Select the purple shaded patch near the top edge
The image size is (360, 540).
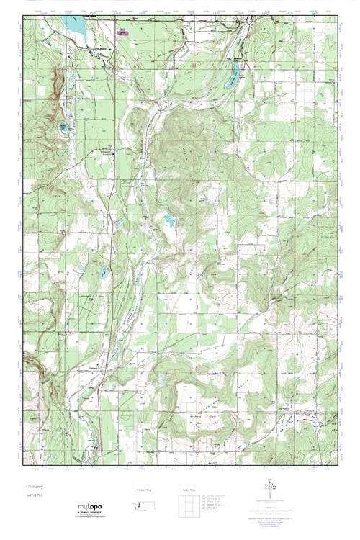pos(120,32)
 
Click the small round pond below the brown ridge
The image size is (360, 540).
pos(65,128)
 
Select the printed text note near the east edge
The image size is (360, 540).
pos(327,233)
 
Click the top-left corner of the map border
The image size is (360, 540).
pos(24,14)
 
